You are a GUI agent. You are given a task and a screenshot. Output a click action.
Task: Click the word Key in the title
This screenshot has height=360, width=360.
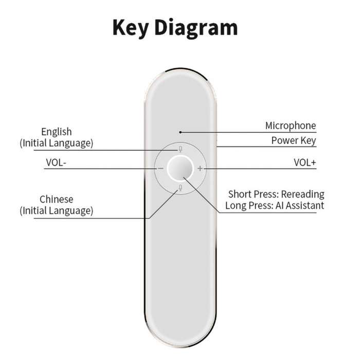tap(131, 28)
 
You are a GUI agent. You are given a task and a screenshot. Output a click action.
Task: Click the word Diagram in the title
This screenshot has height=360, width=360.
tap(196, 28)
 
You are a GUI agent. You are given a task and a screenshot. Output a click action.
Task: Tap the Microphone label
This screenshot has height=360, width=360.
tap(291, 126)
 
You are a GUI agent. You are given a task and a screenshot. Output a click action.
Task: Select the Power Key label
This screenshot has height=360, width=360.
tap(294, 140)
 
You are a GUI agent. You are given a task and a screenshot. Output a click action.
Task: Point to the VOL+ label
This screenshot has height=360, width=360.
tap(304, 163)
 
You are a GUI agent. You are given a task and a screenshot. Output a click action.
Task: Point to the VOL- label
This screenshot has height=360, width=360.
tap(56, 163)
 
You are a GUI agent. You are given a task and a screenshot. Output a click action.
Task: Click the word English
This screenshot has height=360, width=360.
tap(57, 132)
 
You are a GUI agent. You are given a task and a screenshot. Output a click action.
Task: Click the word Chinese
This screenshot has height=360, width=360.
tap(57, 200)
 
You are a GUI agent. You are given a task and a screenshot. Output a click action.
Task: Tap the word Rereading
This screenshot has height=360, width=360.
tap(302, 194)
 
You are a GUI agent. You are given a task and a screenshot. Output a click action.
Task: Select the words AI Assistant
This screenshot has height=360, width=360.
tap(300, 206)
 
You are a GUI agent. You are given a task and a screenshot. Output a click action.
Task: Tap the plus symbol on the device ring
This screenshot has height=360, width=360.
tap(200, 169)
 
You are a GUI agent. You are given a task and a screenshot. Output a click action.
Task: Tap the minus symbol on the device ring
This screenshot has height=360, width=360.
tap(160, 169)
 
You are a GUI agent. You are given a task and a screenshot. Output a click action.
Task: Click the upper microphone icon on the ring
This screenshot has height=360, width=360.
tap(181, 149)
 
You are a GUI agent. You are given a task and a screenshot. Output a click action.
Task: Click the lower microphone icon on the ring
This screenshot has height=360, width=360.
tap(181, 188)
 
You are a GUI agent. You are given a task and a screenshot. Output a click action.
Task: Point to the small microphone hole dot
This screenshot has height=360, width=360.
tap(181, 132)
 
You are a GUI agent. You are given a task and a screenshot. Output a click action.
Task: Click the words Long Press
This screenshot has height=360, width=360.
tap(249, 206)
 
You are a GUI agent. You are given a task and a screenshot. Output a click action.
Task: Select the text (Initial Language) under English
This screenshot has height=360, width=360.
tap(57, 143)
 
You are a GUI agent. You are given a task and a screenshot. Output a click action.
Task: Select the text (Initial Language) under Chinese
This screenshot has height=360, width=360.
tap(57, 210)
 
